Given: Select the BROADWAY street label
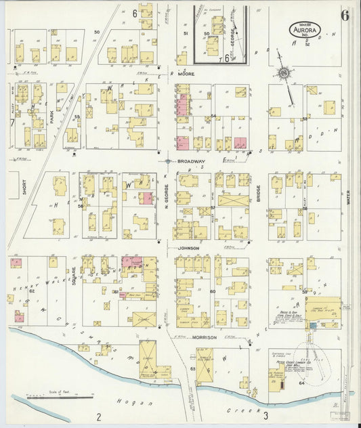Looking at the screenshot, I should pyautogui.click(x=191, y=161).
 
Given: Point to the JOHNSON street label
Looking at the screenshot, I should pyautogui.click(x=188, y=248).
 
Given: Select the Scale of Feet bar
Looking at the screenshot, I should pyautogui.click(x=58, y=398).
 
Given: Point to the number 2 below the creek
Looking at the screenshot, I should pyautogui.click(x=99, y=415).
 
